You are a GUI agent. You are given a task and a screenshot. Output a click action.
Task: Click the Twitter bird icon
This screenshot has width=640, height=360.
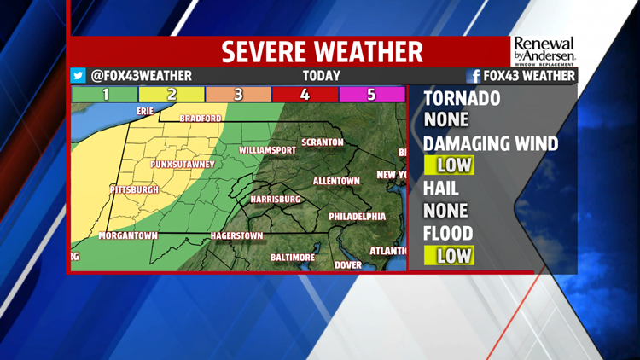pyautogui.click(x=78, y=76)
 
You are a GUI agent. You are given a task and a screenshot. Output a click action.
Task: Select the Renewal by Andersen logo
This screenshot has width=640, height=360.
pyautogui.click(x=544, y=49)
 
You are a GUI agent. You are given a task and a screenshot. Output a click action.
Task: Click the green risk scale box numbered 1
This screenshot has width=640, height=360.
pyautogui.click(x=105, y=94)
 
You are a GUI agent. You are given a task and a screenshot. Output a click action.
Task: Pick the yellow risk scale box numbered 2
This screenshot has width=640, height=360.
pyautogui.click(x=172, y=94)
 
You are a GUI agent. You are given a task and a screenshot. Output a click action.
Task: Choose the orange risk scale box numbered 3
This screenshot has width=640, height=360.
pyautogui.click(x=238, y=94)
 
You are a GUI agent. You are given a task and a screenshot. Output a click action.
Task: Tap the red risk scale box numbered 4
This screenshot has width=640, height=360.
pyautogui.click(x=305, y=94)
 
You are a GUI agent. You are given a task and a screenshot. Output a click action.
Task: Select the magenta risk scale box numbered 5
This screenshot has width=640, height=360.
pyautogui.click(x=371, y=94)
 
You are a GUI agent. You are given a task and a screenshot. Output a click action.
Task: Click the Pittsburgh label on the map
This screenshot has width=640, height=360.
pyautogui.click(x=135, y=189)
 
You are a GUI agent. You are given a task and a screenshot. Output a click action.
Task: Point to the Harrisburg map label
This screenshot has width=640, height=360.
pyautogui.click(x=275, y=199)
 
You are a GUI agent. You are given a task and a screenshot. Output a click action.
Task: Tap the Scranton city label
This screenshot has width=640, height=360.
pyautogui.click(x=322, y=142)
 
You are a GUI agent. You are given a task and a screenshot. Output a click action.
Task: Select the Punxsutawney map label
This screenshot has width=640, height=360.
pyautogui.click(x=182, y=164)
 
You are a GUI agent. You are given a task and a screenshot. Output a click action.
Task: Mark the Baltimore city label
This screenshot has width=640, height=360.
pyautogui.click(x=293, y=257)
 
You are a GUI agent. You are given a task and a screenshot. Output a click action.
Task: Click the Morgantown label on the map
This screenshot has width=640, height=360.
pyautogui.click(x=128, y=235)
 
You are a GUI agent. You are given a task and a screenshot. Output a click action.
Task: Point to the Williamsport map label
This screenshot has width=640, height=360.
pyautogui.click(x=267, y=150)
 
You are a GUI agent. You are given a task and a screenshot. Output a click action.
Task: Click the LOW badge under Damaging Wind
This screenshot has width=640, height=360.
pyautogui.click(x=449, y=164)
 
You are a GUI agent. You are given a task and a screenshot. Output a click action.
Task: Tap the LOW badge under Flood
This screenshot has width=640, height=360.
pyautogui.click(x=449, y=254)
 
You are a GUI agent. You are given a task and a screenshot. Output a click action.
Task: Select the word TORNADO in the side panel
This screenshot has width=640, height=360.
pyautogui.click(x=462, y=98)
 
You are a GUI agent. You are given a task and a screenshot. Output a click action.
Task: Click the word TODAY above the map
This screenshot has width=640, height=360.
pyautogui.click(x=321, y=76)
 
